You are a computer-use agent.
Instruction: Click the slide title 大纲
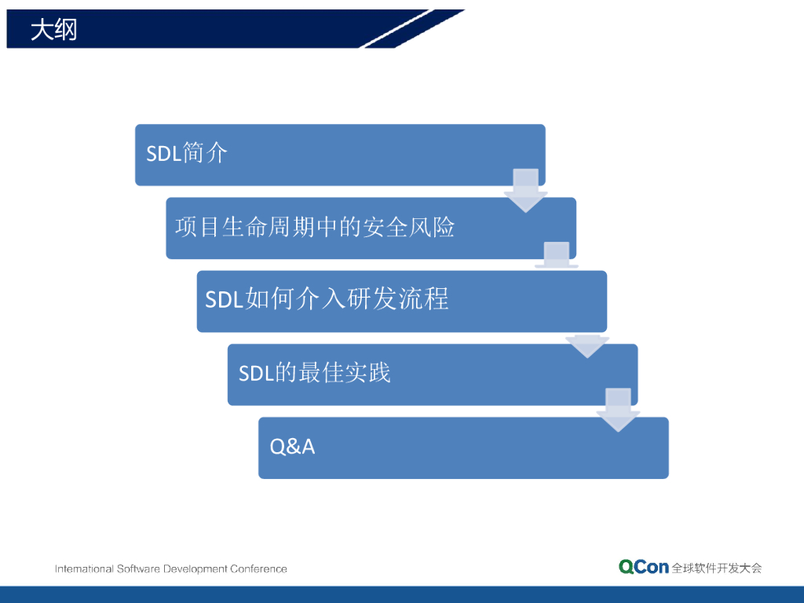click(x=54, y=29)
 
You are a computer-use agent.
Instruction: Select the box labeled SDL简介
click(x=340, y=155)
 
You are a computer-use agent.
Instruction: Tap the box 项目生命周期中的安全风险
click(x=371, y=228)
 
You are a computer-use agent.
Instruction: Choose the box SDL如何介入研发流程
click(x=401, y=301)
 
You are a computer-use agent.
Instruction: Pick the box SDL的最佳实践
click(x=433, y=375)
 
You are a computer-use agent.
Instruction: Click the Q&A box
click(x=463, y=448)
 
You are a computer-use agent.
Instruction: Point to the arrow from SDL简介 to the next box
click(x=525, y=191)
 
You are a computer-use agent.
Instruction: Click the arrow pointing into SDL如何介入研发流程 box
click(x=557, y=255)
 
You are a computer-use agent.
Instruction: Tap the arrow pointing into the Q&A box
click(x=618, y=410)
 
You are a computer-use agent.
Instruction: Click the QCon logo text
click(x=644, y=567)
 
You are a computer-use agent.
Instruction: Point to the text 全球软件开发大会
click(x=717, y=568)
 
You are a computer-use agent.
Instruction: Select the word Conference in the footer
click(x=258, y=568)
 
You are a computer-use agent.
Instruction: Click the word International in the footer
click(x=84, y=568)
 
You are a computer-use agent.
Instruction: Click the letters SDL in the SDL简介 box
click(x=163, y=153)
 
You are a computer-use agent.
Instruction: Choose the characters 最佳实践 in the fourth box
click(x=345, y=373)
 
